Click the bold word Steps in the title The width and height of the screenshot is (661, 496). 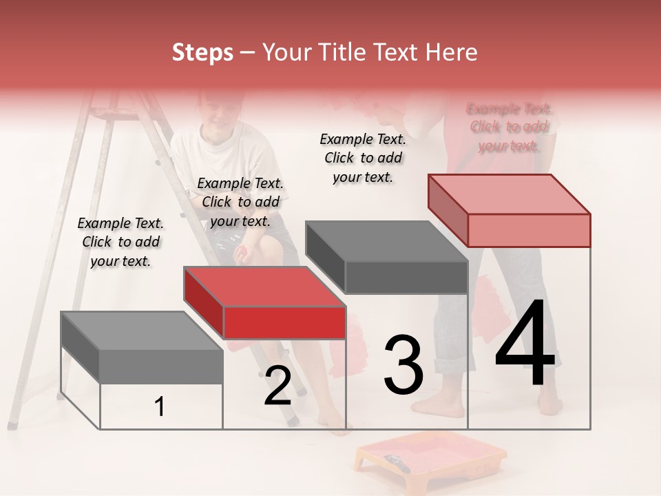pos(202,52)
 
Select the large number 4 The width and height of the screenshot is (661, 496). pos(525,344)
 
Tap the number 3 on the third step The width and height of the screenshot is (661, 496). pos(403,365)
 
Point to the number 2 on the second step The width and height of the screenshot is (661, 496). pos(277,386)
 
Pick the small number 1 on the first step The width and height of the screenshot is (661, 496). pos(159,407)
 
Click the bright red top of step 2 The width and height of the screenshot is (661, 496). pos(264,287)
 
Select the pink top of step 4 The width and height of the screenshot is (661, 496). pos(508,194)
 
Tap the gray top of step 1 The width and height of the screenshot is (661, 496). pos(141,331)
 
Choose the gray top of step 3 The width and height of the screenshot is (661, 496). pos(386,241)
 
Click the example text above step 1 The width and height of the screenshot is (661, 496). pos(120,242)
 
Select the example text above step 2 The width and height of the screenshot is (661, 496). pos(240,202)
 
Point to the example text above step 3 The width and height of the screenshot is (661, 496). pos(363,158)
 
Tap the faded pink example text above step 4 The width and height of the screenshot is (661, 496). pos(509,127)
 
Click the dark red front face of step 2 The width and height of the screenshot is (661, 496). pos(284,322)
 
